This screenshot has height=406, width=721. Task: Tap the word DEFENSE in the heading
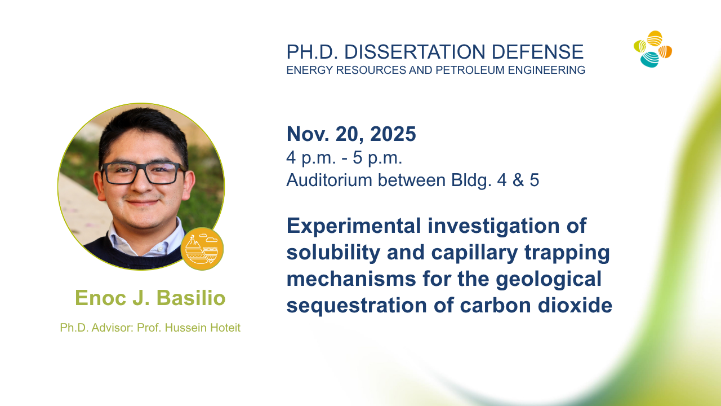(537, 52)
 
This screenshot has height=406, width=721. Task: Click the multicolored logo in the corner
(653, 49)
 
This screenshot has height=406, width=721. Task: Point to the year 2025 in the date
(393, 134)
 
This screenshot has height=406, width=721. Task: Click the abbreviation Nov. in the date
(308, 134)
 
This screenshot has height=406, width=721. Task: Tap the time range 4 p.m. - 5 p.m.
(344, 158)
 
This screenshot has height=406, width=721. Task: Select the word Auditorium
(329, 180)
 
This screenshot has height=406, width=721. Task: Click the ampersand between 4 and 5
(518, 180)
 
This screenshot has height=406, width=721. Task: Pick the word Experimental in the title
(354, 226)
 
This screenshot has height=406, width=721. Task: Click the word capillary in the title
(474, 252)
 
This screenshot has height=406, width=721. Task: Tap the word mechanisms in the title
(351, 279)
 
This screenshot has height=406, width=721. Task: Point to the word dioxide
(575, 305)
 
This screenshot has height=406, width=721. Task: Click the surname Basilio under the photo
(191, 297)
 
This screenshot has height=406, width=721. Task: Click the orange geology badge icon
(202, 249)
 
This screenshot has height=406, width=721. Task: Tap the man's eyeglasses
(143, 173)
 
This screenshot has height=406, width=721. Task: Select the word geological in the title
(549, 279)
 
